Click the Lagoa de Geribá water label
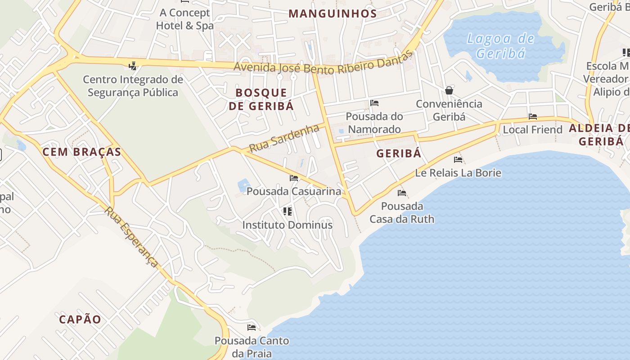click(x=500, y=46)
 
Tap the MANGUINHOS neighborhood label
click(x=333, y=13)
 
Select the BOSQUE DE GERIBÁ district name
click(x=261, y=99)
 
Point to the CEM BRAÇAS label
click(x=82, y=152)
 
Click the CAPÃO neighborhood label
click(x=80, y=319)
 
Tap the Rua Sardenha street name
click(x=284, y=138)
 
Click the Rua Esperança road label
click(x=131, y=237)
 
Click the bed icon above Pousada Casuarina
click(x=294, y=178)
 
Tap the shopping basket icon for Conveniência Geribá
click(x=449, y=90)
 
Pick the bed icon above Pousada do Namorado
click(x=374, y=103)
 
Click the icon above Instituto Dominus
click(x=288, y=211)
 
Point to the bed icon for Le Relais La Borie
click(x=458, y=159)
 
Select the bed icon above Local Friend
click(x=533, y=117)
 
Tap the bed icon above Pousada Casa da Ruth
click(x=402, y=193)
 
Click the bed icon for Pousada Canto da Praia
click(x=252, y=327)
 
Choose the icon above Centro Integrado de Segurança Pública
click(x=132, y=66)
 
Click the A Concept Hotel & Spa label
click(x=184, y=19)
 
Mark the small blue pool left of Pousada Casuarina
click(x=243, y=184)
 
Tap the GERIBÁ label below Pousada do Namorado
click(x=399, y=153)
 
